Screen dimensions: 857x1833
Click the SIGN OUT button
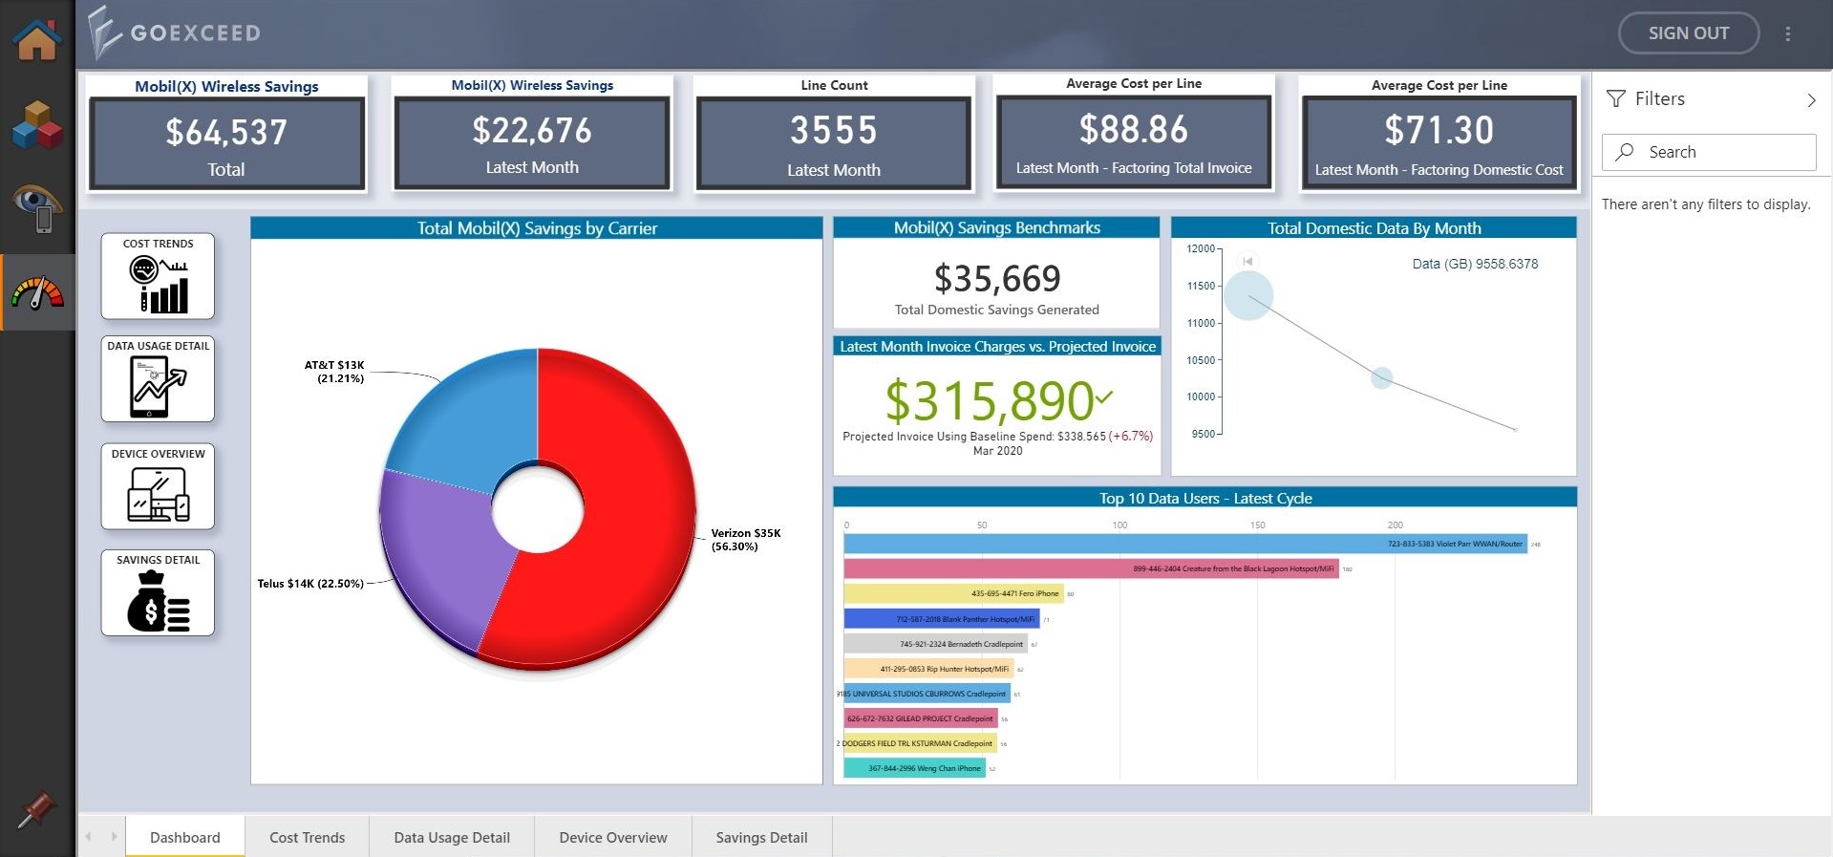point(1688,33)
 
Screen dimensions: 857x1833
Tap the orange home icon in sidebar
point(36,40)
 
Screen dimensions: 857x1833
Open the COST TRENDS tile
point(158,276)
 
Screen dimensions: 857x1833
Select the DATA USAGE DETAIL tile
point(158,378)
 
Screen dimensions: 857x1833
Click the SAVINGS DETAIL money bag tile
point(158,593)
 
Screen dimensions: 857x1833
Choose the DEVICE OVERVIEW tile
point(158,486)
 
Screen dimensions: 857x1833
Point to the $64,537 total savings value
point(226,132)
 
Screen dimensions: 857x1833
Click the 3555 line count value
point(833,131)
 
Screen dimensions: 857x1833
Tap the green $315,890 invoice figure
point(990,400)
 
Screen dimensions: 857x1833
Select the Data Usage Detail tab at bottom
point(452,837)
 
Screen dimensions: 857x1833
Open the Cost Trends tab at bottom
point(307,837)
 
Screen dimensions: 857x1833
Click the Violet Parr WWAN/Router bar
point(1184,544)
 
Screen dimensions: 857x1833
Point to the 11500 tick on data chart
point(1202,286)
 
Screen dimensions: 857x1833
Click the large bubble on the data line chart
point(1248,295)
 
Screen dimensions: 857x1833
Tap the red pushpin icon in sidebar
point(36,810)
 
